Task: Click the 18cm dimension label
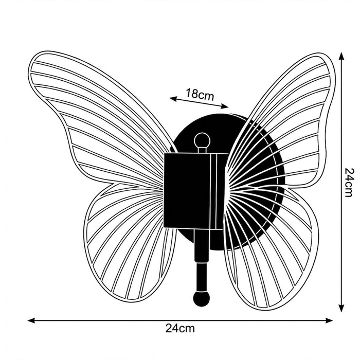click(200, 94)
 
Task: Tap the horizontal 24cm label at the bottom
click(180, 329)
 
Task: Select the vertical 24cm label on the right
click(350, 183)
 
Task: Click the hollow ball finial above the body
click(202, 141)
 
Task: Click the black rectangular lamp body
click(187, 190)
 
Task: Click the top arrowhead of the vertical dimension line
click(341, 56)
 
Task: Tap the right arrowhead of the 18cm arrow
click(225, 106)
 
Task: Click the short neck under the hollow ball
click(202, 150)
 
